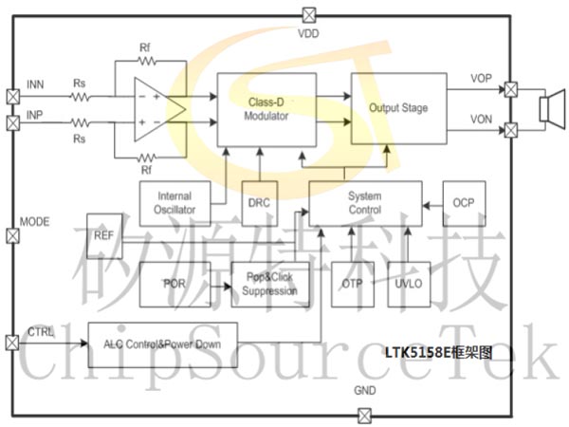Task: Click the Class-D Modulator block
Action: click(x=267, y=108)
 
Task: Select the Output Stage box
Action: click(x=398, y=108)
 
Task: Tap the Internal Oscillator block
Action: click(x=174, y=202)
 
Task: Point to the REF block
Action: click(x=103, y=235)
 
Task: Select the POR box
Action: click(x=174, y=284)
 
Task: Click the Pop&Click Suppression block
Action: click(x=271, y=284)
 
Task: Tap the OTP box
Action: click(x=352, y=284)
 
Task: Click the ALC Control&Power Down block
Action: click(x=162, y=343)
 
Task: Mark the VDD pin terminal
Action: click(x=309, y=14)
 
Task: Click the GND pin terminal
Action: click(x=364, y=415)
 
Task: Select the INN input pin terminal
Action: click(x=13, y=97)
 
